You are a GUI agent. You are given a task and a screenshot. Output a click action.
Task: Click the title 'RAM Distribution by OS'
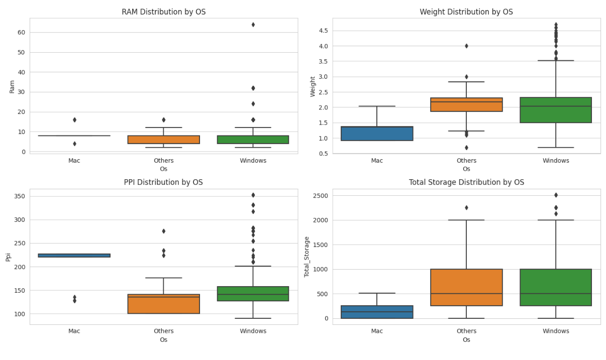[x=163, y=12]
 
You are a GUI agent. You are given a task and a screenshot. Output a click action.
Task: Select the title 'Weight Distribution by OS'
[x=466, y=12]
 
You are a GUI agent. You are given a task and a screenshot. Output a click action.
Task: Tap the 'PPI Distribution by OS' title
[x=163, y=182]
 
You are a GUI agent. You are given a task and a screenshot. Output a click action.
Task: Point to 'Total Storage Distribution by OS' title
[x=466, y=182]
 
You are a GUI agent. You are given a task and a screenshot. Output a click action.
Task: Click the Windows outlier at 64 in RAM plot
[x=253, y=25]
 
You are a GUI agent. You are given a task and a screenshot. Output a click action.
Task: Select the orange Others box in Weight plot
[x=466, y=104]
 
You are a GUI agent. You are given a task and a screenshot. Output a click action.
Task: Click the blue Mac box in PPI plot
[x=74, y=255]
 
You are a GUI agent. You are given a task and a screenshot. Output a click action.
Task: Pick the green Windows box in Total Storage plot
[x=556, y=287]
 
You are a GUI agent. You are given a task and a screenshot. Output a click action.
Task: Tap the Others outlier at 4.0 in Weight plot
[x=466, y=46]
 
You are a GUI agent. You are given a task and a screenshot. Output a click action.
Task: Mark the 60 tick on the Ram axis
[x=21, y=32]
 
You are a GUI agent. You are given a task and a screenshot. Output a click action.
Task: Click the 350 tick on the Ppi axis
[x=19, y=196]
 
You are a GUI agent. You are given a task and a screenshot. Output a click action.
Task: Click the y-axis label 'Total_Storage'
[x=307, y=257]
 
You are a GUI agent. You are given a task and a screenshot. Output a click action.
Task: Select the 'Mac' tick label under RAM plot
[x=74, y=161]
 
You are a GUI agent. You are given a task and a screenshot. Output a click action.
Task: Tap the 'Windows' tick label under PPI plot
[x=253, y=331]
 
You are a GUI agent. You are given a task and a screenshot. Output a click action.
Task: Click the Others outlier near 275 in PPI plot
[x=163, y=231]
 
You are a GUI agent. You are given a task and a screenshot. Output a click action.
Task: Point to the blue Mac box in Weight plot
[x=377, y=134]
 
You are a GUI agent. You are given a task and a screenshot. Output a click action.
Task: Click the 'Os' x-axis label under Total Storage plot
[x=466, y=340]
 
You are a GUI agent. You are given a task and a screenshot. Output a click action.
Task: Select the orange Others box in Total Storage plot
[x=466, y=287]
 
